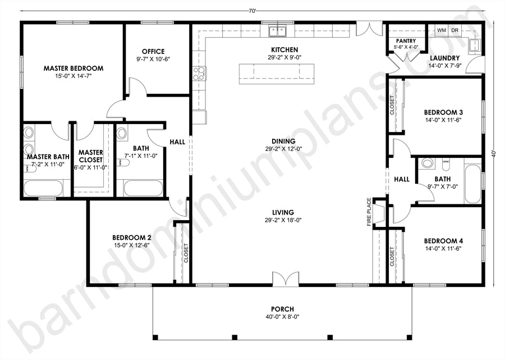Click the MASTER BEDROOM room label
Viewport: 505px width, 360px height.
coord(74,69)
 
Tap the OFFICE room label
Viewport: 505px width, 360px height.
coord(153,52)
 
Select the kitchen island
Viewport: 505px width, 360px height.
coord(277,74)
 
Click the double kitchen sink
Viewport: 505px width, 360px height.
coord(278,31)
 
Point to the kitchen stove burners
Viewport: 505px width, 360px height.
coord(199,73)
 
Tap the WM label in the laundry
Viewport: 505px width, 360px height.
coord(442,30)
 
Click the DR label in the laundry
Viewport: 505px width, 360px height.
coord(454,30)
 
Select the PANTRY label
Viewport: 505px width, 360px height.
coord(406,41)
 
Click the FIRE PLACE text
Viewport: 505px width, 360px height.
coord(369,212)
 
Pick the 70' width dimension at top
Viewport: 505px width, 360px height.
coord(252,11)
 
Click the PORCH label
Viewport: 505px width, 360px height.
coord(282,309)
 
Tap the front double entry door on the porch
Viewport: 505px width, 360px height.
coord(286,279)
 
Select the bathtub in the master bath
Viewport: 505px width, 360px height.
coord(43,188)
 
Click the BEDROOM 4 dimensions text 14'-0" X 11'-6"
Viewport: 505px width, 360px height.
coord(443,248)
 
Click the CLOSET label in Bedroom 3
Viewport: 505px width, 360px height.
coord(392,105)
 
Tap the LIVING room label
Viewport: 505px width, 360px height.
coord(283,213)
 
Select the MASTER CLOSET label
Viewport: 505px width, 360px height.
coord(90,156)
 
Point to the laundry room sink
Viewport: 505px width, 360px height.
coord(474,45)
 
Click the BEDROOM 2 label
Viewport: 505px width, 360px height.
coord(132,238)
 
